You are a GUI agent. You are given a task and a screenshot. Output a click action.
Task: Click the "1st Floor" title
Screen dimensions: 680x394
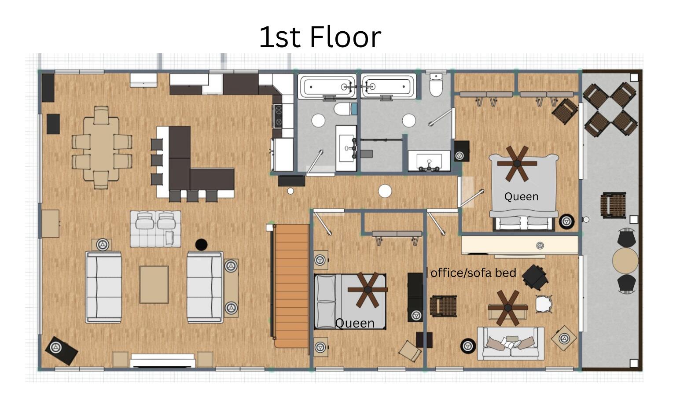pos(320,37)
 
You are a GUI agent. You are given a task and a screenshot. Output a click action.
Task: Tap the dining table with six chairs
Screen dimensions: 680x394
pos(101,148)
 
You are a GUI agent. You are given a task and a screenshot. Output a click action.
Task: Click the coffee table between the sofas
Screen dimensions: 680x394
pos(154,284)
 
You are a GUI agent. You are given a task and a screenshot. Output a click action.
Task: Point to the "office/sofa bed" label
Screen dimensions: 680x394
pos(473,273)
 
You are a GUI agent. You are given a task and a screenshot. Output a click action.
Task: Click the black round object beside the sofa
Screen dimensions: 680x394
pos(201,244)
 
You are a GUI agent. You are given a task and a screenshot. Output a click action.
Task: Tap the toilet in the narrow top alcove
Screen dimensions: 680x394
pos(436,85)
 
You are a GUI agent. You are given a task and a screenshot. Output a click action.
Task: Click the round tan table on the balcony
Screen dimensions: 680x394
pos(625,261)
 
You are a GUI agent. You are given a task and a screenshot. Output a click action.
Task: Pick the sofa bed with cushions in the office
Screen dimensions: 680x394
pos(511,343)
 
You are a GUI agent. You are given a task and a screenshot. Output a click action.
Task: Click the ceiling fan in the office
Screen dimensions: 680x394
pos(508,308)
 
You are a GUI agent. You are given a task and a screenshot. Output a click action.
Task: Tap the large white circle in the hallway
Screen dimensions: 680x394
pos(385,191)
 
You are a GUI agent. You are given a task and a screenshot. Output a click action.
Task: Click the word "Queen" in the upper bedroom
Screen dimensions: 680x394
pos(522,197)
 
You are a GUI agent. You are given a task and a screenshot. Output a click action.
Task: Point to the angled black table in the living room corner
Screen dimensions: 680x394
pos(62,350)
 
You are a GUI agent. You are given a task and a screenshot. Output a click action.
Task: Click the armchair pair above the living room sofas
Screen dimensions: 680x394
pos(156,229)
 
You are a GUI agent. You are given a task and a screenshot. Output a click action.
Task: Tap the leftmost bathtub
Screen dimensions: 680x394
pos(327,87)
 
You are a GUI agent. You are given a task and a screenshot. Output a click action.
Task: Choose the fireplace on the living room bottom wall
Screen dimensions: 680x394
pos(163,361)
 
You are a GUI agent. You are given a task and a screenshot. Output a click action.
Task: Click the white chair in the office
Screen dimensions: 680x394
pos(544,304)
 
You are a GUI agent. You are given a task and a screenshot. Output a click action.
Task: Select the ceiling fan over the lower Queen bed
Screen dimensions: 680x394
pos(368,290)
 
